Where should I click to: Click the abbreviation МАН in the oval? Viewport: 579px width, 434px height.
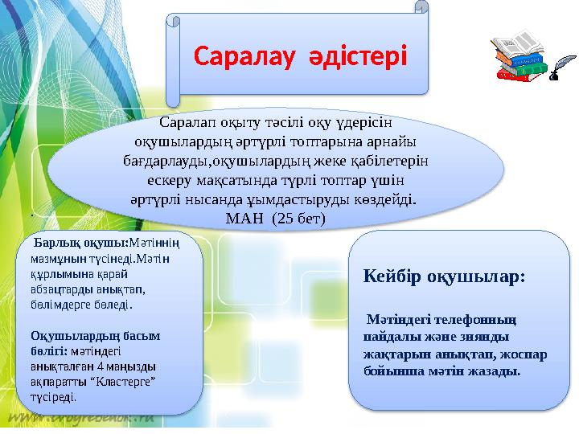[x=245, y=217]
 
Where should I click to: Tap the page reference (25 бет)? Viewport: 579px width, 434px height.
[x=297, y=217]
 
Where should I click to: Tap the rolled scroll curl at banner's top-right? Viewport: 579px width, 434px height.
[x=421, y=7]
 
